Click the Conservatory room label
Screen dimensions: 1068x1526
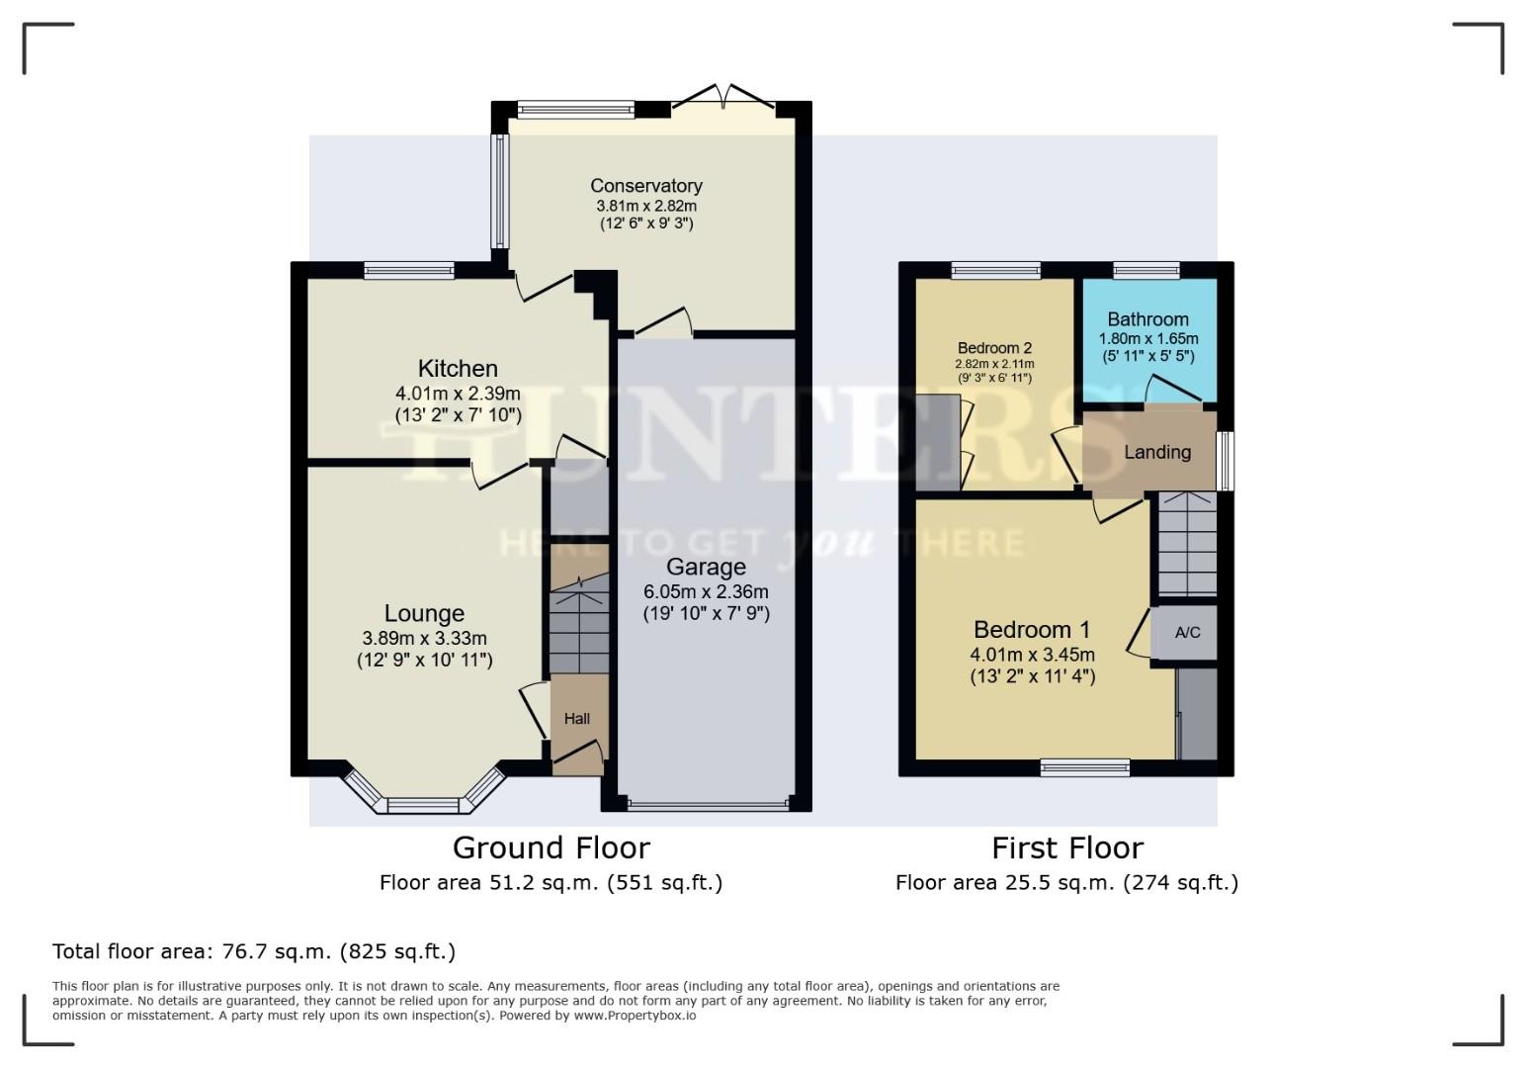(x=646, y=186)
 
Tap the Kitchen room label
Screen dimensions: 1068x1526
(x=458, y=369)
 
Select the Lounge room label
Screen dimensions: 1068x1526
(x=424, y=613)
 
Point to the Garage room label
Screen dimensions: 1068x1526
(x=706, y=568)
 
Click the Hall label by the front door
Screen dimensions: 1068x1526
(x=577, y=719)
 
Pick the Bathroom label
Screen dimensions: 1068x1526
(x=1147, y=319)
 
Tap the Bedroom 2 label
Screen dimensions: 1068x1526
(x=994, y=348)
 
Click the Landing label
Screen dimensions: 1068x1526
(x=1157, y=452)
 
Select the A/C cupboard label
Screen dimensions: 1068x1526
(x=1188, y=632)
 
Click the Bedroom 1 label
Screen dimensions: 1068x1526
(x=1032, y=630)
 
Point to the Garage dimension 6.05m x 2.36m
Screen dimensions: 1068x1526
(x=706, y=591)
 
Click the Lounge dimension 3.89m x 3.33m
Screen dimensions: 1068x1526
(x=424, y=638)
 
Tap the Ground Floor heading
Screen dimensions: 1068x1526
(x=551, y=847)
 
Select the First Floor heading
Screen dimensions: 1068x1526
(x=1067, y=847)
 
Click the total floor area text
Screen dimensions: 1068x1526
(x=254, y=951)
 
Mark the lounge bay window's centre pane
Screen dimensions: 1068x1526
(x=423, y=805)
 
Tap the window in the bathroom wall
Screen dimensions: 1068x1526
(x=1146, y=270)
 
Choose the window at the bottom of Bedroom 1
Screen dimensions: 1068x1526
(x=1084, y=767)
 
